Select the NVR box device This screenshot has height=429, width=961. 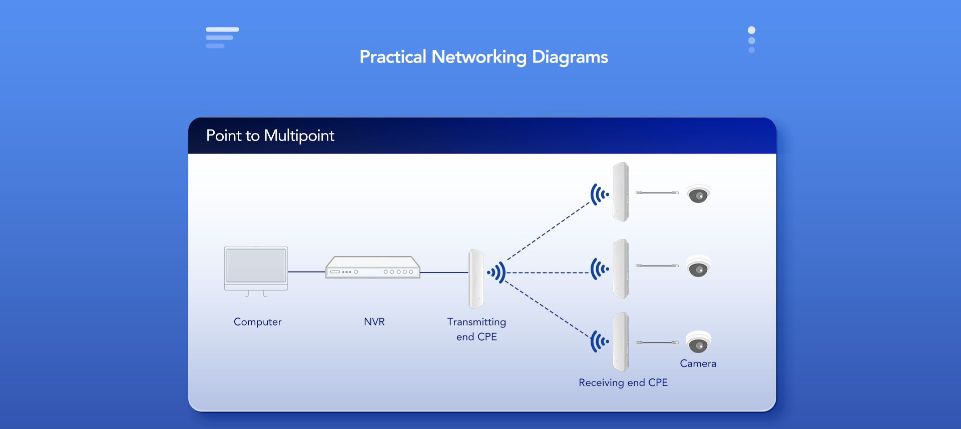373,267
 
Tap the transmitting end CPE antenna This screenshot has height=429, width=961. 475,279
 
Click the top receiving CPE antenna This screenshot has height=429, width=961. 621,191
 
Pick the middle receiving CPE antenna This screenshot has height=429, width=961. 621,268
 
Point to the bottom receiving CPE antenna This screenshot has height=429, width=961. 621,342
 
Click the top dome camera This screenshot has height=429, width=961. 698,194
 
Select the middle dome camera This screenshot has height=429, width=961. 698,267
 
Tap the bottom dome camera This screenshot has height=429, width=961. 698,342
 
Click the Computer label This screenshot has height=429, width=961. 257,322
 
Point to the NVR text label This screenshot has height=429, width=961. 374,322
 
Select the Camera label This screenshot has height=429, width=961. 698,363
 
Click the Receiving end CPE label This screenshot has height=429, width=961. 623,382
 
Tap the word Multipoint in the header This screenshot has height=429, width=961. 299,136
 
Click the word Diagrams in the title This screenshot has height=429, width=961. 570,57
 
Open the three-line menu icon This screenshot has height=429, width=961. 222,37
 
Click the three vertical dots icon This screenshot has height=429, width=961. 751,40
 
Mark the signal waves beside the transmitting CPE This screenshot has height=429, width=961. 497,272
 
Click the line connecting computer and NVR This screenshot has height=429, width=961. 306,272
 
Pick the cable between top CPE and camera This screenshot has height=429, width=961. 657,192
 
